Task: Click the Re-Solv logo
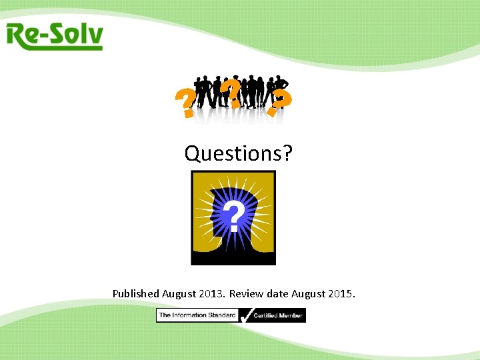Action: click(55, 36)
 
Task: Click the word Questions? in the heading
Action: click(238, 153)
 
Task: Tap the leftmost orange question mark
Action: click(185, 105)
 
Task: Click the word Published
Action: click(136, 293)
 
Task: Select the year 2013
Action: click(212, 293)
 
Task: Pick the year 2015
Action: click(343, 293)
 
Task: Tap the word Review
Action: click(248, 293)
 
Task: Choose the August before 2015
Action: click(310, 293)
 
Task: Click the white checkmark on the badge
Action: click(245, 315)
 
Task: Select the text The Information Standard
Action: click(197, 315)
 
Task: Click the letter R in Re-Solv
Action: click(18, 36)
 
